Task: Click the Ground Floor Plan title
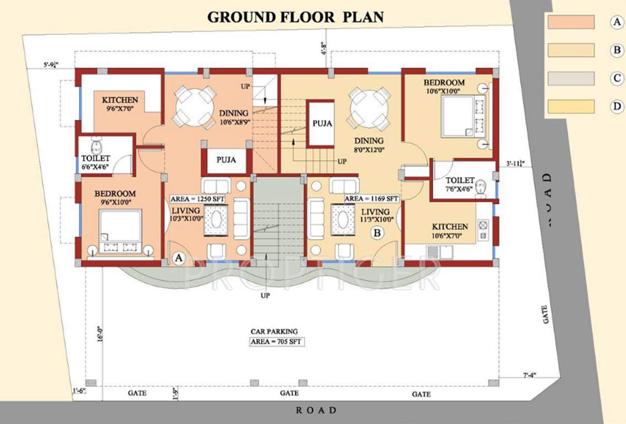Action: tap(295, 17)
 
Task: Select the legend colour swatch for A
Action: tap(571, 22)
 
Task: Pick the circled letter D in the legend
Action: tap(617, 107)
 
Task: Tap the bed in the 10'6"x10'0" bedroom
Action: tap(463, 116)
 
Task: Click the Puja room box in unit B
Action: tap(321, 123)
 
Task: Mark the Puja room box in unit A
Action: tap(225, 160)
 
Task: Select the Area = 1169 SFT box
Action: tap(371, 198)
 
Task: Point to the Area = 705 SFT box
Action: tap(276, 342)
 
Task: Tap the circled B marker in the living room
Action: tap(377, 234)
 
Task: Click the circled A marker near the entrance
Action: tap(178, 257)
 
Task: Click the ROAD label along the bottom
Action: tap(315, 410)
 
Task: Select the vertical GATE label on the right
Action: tap(546, 315)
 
